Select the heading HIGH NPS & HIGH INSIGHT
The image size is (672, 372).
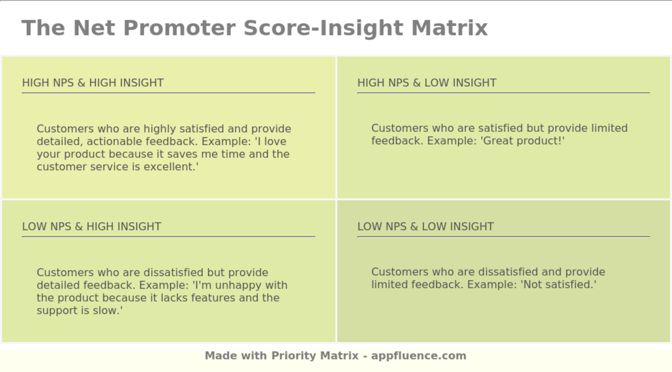[93, 82]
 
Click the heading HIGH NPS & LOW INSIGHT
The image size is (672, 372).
[427, 82]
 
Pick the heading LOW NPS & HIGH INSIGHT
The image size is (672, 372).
[92, 226]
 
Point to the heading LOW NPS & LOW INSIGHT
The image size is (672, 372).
[425, 226]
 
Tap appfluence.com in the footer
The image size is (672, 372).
[419, 356]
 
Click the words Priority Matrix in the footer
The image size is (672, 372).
[315, 356]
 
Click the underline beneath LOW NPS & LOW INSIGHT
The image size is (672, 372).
[504, 236]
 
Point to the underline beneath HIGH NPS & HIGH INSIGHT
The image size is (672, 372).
[168, 93]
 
